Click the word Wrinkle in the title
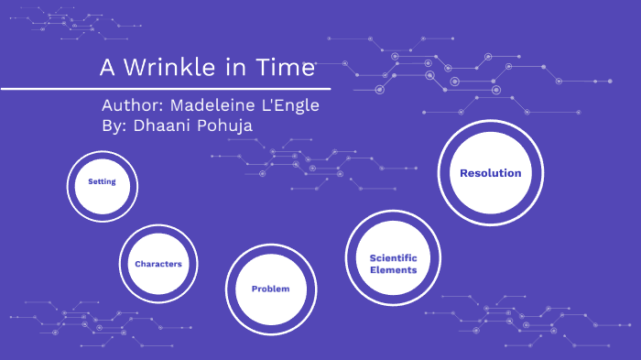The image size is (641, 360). point(170,68)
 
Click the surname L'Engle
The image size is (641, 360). point(288,105)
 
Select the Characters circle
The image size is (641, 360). point(158,264)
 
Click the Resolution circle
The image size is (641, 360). point(490,173)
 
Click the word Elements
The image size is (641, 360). point(394,270)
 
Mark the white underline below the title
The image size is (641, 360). point(165,90)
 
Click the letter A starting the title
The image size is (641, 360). point(105,68)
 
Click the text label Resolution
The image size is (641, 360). point(490,173)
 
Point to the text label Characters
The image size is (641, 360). point(158,264)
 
